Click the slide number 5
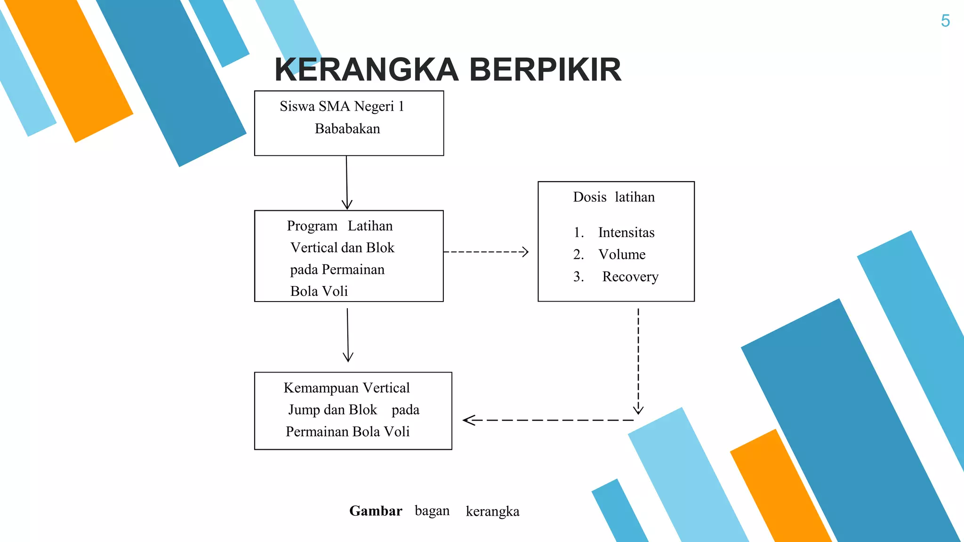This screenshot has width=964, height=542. [945, 21]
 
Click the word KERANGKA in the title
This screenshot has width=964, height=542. [366, 70]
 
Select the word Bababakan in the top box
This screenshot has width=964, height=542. [347, 128]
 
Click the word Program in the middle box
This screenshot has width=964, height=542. [312, 226]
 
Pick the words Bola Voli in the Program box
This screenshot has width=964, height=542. [319, 291]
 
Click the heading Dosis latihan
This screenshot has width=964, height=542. [614, 197]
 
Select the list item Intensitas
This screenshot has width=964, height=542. [626, 232]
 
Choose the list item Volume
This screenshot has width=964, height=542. [622, 255]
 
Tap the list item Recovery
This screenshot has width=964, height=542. [630, 277]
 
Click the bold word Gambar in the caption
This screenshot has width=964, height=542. [376, 511]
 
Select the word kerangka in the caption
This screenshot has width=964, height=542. [492, 511]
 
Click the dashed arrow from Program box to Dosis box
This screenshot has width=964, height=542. [486, 252]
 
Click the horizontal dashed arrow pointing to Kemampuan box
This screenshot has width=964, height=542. [548, 420]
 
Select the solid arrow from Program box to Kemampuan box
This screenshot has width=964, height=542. [348, 335]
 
